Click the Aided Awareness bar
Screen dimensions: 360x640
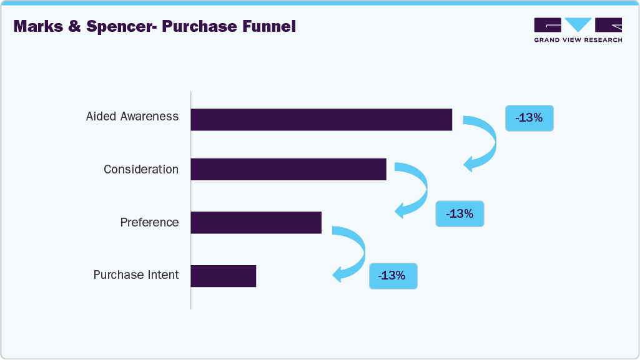click(x=321, y=119)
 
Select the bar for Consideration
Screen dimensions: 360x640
click(x=288, y=169)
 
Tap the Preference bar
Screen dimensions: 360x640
click(x=255, y=222)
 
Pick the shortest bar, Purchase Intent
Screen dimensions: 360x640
click(x=223, y=276)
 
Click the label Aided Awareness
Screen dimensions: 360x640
click(x=132, y=117)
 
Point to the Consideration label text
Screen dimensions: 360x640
click(x=141, y=170)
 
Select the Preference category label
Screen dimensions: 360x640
click(x=149, y=223)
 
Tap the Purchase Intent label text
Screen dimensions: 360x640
click(x=136, y=275)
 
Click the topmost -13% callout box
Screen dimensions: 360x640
click(x=529, y=117)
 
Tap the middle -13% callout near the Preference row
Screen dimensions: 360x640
click(x=460, y=213)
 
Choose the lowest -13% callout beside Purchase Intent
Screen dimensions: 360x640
click(x=393, y=275)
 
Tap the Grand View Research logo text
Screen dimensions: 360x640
click(x=578, y=40)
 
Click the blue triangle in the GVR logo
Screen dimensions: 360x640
click(x=578, y=25)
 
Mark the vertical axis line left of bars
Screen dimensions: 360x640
click(x=190, y=200)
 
